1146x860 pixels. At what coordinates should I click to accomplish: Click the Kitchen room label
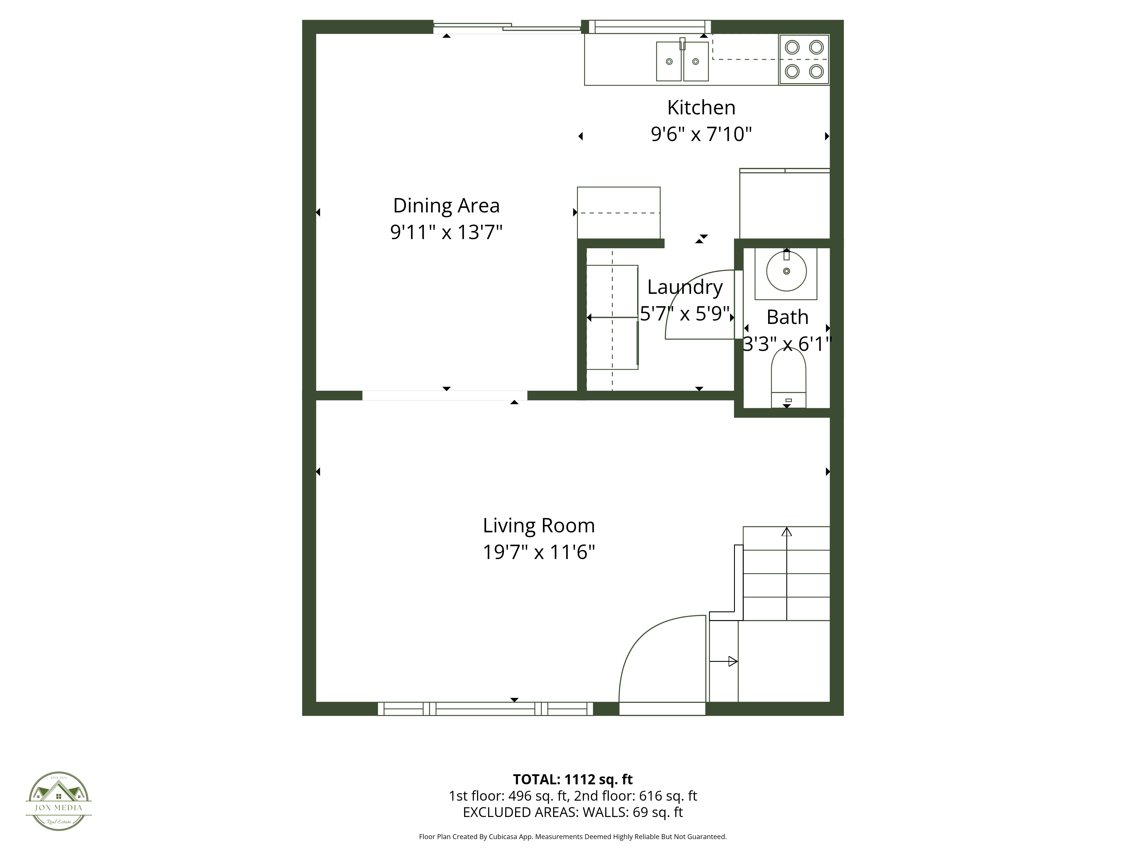click(701, 108)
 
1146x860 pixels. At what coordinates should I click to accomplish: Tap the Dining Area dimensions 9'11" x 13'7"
click(446, 232)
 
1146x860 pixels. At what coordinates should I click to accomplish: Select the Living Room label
click(539, 526)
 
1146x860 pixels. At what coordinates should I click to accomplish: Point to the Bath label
click(787, 317)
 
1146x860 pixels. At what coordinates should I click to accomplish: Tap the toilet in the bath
click(788, 378)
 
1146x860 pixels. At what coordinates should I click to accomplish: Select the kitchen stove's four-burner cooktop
click(804, 59)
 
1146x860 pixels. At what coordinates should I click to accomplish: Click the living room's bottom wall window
click(485, 709)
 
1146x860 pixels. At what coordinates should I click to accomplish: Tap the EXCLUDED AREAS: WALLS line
click(572, 812)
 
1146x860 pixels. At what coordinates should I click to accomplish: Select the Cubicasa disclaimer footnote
click(572, 837)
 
